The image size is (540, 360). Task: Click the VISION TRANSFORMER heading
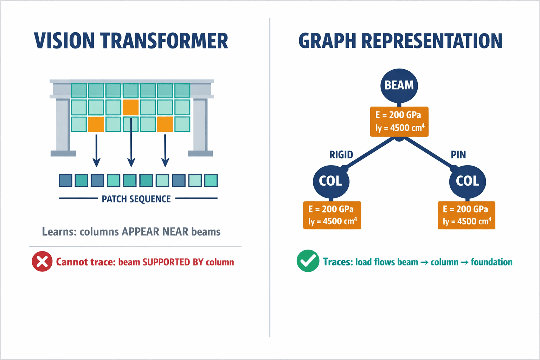(131, 41)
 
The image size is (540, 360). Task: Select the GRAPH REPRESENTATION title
(400, 41)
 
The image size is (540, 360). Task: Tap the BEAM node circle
(399, 85)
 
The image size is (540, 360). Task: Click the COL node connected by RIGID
(331, 181)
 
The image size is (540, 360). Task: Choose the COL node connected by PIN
(467, 181)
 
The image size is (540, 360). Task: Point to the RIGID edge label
(341, 155)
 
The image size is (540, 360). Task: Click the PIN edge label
(458, 155)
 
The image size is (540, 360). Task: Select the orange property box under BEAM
(399, 122)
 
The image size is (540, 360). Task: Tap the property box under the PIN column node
(466, 215)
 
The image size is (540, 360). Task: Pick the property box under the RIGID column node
(332, 215)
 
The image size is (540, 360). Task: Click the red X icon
(42, 262)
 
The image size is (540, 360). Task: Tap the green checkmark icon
(308, 261)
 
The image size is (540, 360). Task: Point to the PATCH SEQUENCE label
(136, 199)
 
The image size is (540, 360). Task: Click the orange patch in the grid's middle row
(131, 108)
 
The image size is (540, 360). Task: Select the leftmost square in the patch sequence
(66, 180)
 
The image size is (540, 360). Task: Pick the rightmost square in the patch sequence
(211, 180)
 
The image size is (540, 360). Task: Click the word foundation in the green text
(491, 262)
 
